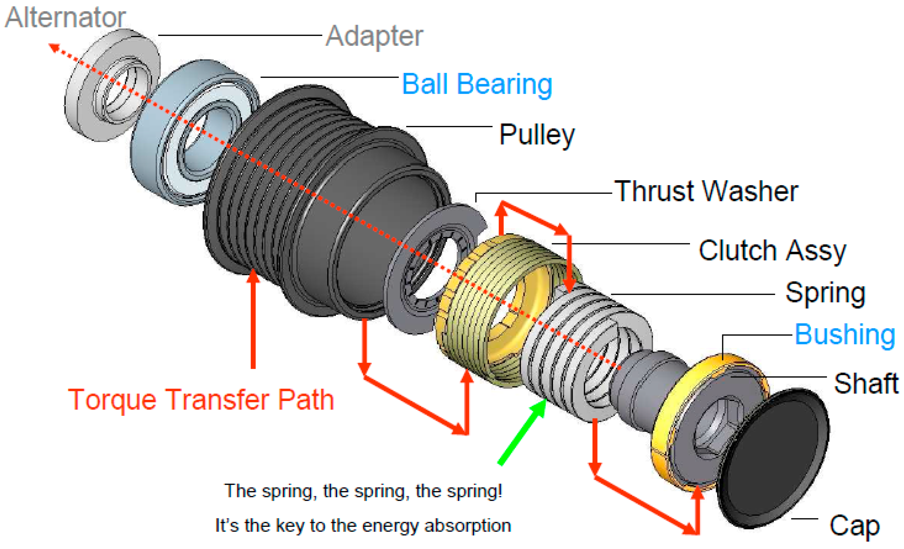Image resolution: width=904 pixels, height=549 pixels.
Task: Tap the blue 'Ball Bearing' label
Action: [477, 84]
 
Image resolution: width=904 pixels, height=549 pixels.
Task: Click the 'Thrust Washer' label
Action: [706, 191]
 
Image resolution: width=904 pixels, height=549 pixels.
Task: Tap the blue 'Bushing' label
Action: [845, 334]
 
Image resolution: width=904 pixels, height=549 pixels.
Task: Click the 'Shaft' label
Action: [866, 383]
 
